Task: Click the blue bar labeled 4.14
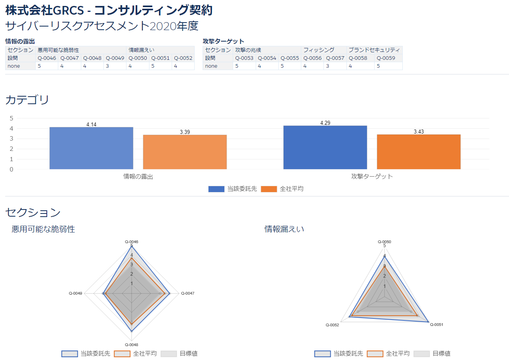[91, 148]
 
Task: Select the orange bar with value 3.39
[185, 152]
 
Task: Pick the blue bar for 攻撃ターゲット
[325, 147]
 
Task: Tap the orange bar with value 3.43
[419, 152]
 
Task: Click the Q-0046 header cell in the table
[47, 58]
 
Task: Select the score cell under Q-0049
[115, 66]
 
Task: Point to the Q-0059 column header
[386, 58]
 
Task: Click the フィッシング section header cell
[319, 50]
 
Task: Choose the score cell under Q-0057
[335, 66]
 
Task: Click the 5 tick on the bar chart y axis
[11, 118]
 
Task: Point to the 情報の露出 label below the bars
[138, 177]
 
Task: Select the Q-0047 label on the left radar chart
[188, 293]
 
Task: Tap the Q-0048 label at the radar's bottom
[131, 345]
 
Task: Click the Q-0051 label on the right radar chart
[436, 325]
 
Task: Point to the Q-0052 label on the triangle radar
[332, 325]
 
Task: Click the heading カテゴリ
[27, 100]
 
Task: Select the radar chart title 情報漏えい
[284, 229]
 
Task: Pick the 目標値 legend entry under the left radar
[188, 354]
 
